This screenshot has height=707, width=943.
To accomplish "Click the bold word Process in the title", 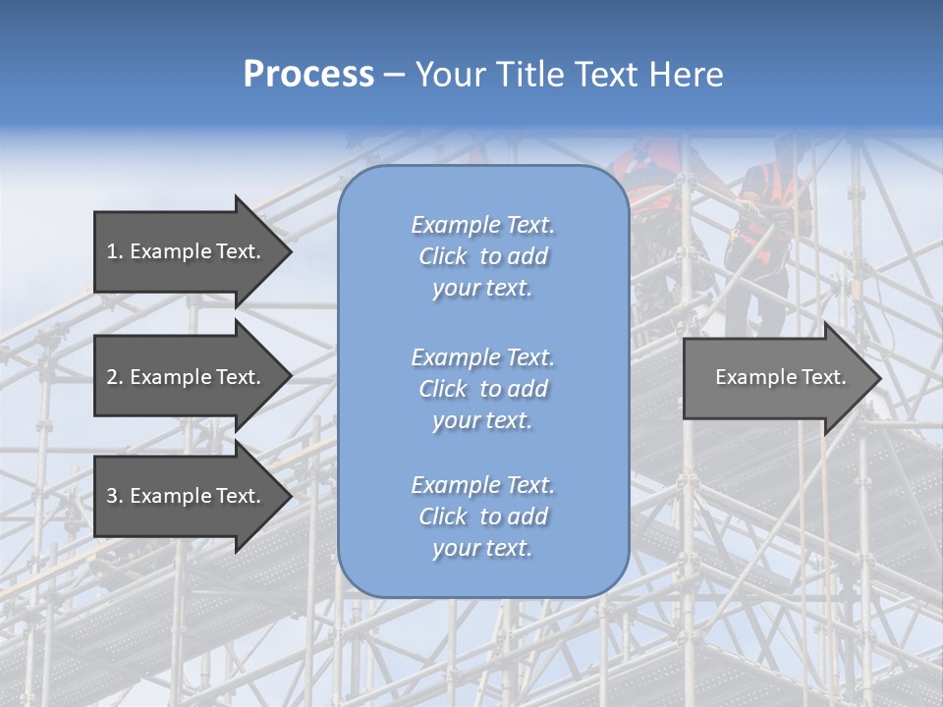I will (x=308, y=74).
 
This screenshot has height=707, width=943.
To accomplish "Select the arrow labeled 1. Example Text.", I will (x=184, y=251).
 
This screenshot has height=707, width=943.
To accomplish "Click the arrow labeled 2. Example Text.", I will (x=184, y=377).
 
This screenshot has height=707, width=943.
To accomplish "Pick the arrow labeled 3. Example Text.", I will (x=184, y=496).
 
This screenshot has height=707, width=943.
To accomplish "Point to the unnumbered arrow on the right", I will (x=780, y=377).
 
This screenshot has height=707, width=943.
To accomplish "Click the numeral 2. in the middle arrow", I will (x=114, y=377).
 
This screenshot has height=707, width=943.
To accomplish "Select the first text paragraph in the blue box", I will (x=482, y=256).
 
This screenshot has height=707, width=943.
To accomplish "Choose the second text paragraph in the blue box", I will (x=482, y=389).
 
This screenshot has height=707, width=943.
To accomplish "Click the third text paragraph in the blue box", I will (x=482, y=517).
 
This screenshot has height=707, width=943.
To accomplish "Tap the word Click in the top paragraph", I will (x=443, y=256).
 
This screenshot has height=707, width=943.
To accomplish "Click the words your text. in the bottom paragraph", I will (x=482, y=548).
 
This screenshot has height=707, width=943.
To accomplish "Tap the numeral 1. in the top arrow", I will (x=114, y=251).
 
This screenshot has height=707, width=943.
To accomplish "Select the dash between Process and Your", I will (x=394, y=75).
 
